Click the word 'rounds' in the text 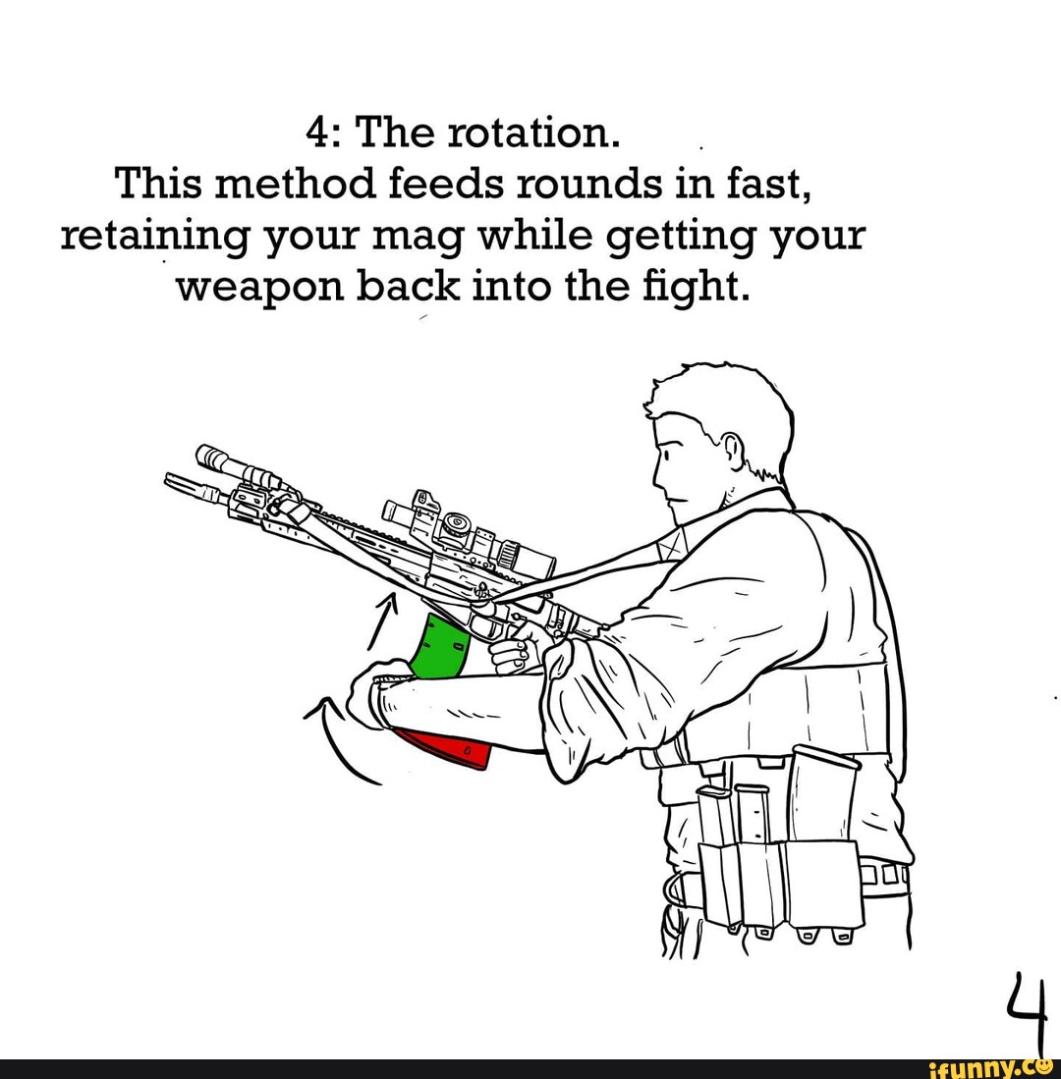click(x=568, y=183)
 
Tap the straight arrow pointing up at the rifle click(x=380, y=618)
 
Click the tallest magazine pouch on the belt click(x=821, y=795)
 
